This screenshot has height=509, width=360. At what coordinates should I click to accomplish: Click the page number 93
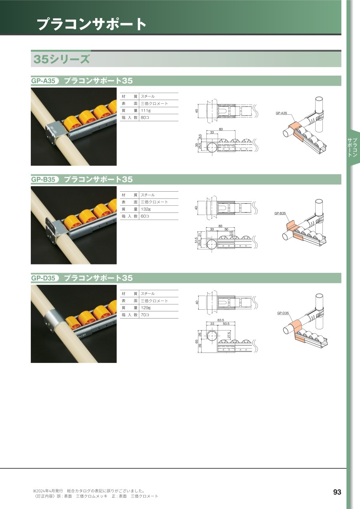click(x=337, y=492)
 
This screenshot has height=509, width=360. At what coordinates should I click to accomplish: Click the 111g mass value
click(x=146, y=110)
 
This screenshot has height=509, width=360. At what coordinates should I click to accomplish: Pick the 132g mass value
click(x=146, y=209)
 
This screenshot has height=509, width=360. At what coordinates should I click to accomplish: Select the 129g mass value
click(x=146, y=308)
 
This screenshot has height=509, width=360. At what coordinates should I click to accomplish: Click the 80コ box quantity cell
click(x=145, y=118)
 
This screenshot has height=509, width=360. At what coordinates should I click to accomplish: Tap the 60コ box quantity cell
click(x=145, y=216)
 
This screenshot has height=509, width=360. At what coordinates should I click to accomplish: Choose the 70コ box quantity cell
click(x=145, y=315)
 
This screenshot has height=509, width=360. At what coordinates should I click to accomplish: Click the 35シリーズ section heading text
click(x=62, y=59)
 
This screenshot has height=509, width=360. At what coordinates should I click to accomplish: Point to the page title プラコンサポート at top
click(x=92, y=24)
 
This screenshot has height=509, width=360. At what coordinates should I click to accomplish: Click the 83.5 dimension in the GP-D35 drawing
click(x=220, y=320)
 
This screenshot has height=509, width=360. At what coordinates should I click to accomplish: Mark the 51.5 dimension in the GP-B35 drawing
click(x=196, y=240)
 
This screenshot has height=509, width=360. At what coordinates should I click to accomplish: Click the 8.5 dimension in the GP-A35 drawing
click(x=200, y=137)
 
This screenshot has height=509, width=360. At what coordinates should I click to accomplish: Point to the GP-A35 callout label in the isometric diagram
click(x=281, y=113)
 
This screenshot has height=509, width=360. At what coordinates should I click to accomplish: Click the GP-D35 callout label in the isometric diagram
click(x=283, y=313)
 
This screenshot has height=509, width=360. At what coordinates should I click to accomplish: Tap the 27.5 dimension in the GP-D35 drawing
click(x=229, y=335)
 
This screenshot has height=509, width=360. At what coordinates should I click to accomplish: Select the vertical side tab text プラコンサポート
click(x=353, y=147)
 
